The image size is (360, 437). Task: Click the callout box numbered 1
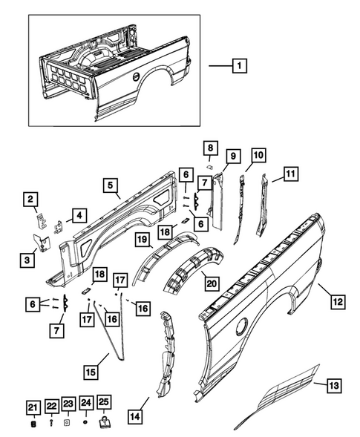point(239,66)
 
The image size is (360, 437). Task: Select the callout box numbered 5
point(109,185)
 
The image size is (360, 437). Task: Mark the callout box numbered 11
point(289,175)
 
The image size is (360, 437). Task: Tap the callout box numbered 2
point(31,198)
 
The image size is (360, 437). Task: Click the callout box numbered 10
point(258,155)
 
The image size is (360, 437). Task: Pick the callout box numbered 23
point(68,406)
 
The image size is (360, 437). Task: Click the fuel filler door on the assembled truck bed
point(136,77)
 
